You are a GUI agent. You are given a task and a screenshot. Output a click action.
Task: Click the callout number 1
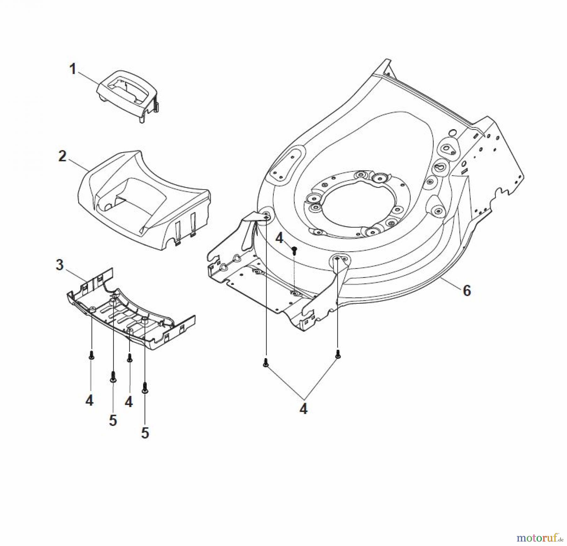(x=73, y=69)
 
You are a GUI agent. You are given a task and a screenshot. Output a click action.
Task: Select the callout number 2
(x=63, y=156)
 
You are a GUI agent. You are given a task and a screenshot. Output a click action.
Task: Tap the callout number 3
(x=60, y=265)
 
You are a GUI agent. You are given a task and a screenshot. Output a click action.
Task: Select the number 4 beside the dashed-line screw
(x=279, y=239)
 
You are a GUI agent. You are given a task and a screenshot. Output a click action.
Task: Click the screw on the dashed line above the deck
(x=294, y=250)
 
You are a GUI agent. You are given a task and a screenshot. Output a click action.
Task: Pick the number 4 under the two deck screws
(x=303, y=409)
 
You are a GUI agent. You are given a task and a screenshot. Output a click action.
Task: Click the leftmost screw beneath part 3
(x=91, y=355)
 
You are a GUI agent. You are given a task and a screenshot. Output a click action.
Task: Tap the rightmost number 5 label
(x=145, y=433)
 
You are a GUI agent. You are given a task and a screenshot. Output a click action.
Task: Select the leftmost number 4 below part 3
(x=89, y=401)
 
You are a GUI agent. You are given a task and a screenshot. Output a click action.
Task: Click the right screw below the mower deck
(x=338, y=354)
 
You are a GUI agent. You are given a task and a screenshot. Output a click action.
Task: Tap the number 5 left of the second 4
(x=113, y=420)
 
